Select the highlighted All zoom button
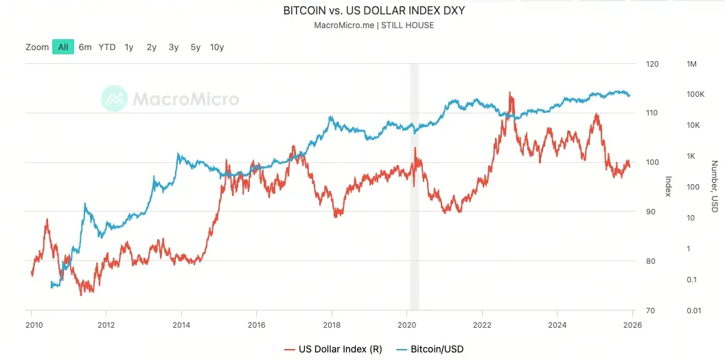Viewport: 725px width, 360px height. point(62,47)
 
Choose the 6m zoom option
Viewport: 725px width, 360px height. point(85,47)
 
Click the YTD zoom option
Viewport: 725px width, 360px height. point(107,47)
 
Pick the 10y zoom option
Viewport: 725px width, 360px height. point(217,47)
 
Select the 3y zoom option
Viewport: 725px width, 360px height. point(174,47)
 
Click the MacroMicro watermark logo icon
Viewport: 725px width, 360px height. point(114,99)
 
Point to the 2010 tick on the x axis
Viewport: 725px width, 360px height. point(32,324)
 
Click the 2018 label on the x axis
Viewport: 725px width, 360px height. point(332,324)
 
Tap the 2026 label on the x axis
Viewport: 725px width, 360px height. point(632,324)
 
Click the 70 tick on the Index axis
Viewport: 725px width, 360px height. point(651,311)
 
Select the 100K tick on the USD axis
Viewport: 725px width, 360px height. point(695,94)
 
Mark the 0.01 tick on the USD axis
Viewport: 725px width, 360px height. point(694,311)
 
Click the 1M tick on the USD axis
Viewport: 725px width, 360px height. point(691,64)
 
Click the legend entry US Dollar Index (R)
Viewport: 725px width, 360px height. point(334,349)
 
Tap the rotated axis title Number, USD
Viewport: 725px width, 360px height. point(714,186)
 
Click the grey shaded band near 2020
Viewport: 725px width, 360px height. point(414,185)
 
